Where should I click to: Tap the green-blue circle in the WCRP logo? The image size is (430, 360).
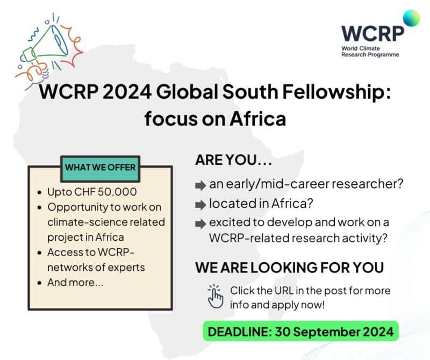411,18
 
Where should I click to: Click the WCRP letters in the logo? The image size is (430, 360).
372,33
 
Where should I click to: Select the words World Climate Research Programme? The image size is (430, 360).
370,52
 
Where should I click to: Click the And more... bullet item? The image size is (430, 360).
75,282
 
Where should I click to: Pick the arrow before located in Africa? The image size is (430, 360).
200,205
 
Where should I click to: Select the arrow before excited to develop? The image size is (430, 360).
200,223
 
